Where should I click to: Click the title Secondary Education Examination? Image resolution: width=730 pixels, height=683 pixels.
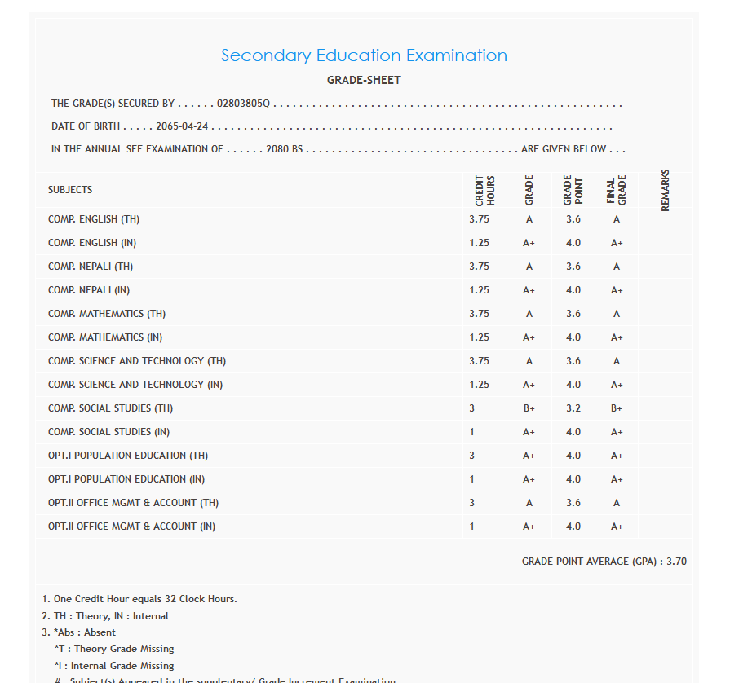coord(364,55)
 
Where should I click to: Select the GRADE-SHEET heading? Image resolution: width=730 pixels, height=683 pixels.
coord(364,81)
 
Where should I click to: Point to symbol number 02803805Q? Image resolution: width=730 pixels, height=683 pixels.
coord(243,104)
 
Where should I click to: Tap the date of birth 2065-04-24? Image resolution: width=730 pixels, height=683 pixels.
coord(188,127)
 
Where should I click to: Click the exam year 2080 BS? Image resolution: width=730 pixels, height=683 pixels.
coord(285,149)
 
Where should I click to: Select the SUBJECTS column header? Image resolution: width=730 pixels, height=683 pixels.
coord(70,190)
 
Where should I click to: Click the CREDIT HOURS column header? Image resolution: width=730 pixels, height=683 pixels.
coord(484,190)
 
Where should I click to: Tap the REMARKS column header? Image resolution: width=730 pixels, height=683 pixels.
coord(665,190)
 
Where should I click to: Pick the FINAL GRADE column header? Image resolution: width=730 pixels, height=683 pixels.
coord(617,190)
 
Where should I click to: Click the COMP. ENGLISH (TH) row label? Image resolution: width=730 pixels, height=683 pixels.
coord(94,220)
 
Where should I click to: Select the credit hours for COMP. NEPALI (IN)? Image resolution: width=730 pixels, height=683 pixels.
coord(480,290)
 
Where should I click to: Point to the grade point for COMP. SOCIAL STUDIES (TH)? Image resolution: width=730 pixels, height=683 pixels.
coord(573,408)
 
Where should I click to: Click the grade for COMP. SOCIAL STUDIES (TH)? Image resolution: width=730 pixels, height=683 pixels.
coord(529,408)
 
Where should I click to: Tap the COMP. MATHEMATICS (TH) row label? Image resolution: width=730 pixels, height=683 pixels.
coord(107,314)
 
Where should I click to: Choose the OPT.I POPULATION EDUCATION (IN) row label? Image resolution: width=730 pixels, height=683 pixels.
coord(126,479)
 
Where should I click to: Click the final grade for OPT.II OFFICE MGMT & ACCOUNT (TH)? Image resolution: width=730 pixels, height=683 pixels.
coord(617,503)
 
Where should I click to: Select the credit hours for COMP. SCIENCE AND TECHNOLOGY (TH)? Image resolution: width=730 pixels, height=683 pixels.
coord(480,361)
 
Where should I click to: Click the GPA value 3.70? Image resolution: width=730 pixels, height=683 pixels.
coord(676,562)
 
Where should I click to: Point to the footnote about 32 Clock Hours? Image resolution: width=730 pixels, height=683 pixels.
coord(139,599)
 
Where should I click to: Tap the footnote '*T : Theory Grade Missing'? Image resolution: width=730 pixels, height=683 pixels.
coord(114,649)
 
